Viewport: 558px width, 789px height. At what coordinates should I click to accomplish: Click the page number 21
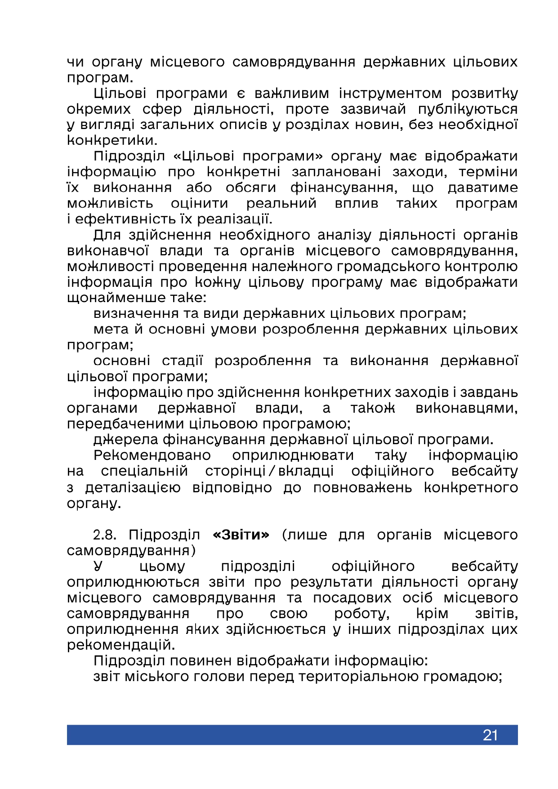(x=490, y=735)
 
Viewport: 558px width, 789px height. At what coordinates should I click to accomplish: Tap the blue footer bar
(x=270, y=735)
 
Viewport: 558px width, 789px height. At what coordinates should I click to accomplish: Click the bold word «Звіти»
(x=241, y=535)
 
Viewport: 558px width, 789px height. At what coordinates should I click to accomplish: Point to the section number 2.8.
(x=104, y=535)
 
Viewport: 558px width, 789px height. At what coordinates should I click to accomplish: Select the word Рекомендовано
(x=152, y=455)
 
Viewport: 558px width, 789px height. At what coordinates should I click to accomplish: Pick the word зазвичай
(x=373, y=109)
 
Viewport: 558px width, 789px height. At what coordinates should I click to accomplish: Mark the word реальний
(x=281, y=203)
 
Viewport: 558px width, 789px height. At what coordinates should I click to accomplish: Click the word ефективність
(x=119, y=219)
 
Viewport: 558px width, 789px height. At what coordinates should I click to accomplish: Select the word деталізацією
(x=133, y=488)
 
